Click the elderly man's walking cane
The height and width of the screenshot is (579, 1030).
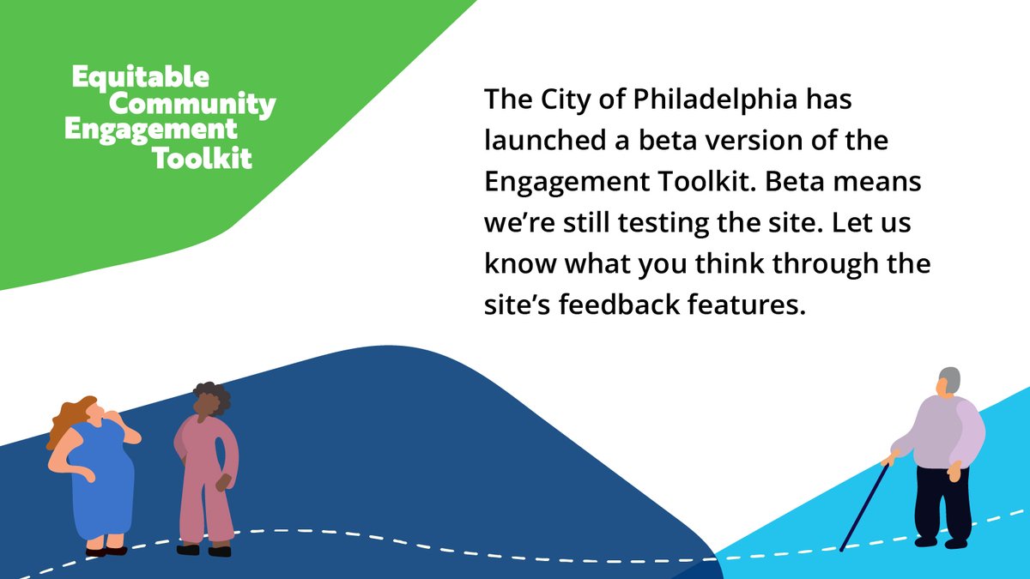tap(862, 506)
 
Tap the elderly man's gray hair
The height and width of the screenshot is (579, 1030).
tap(948, 379)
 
